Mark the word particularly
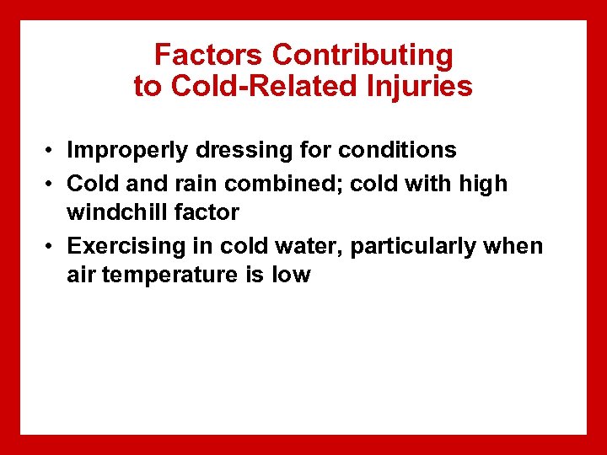(412, 246)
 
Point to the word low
(292, 275)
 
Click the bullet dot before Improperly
(51, 152)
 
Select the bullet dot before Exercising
(51, 247)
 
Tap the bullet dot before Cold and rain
(51, 184)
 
